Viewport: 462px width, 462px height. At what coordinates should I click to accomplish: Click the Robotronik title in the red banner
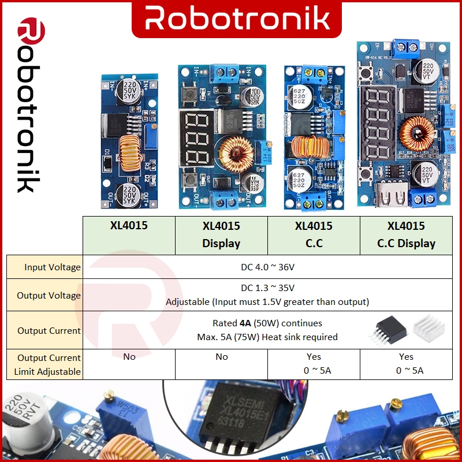(237, 18)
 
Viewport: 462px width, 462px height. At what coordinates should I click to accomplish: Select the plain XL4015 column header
(129, 226)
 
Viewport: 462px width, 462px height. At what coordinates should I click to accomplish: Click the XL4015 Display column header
(221, 234)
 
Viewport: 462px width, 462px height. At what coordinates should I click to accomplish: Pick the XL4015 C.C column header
(314, 234)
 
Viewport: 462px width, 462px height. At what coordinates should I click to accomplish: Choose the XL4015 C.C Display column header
(406, 234)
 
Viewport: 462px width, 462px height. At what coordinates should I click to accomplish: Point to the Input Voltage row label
(53, 267)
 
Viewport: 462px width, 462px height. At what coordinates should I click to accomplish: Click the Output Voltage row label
(49, 295)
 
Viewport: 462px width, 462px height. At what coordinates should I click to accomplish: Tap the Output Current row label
(49, 330)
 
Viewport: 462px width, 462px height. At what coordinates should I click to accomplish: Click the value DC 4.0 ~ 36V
(267, 267)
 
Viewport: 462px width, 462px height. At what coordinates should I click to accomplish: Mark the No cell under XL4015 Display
(221, 357)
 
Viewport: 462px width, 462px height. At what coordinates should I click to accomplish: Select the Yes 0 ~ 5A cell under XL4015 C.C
(314, 364)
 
